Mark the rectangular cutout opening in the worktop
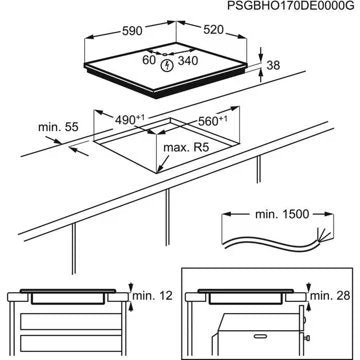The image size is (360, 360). pos(165,140)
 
